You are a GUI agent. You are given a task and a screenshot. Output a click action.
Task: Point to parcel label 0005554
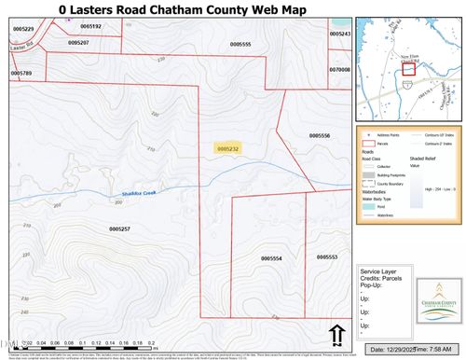[x=271, y=258]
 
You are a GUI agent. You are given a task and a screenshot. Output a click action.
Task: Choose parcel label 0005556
[x=294, y=136]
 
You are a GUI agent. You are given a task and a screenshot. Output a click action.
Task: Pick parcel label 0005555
[x=240, y=44]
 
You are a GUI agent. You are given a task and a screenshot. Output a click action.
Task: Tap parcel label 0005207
[x=78, y=42]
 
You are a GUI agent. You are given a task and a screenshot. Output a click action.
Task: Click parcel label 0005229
[x=22, y=29]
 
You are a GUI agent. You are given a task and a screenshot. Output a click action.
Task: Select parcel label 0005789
[x=21, y=73]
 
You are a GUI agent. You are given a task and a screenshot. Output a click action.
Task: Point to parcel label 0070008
[x=339, y=69]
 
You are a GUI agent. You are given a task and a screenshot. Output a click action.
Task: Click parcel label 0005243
[x=341, y=34]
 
